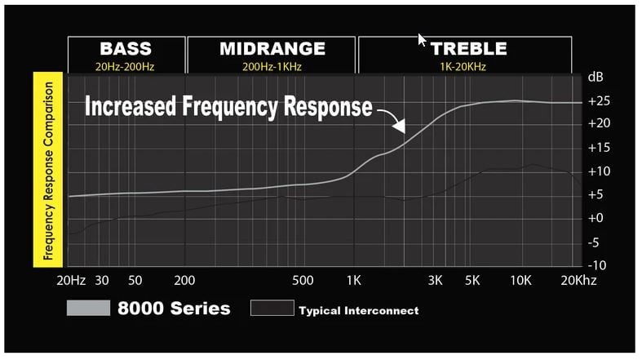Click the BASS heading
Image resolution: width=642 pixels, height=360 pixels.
tap(126, 48)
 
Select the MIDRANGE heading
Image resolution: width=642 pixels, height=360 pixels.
tap(272, 48)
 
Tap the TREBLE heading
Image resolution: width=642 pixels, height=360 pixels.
tap(469, 49)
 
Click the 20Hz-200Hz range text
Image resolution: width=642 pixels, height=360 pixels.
tap(125, 66)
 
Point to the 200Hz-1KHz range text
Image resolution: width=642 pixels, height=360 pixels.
tap(272, 66)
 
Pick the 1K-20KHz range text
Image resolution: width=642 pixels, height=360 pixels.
tap(463, 66)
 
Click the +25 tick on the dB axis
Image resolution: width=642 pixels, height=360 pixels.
tap(599, 100)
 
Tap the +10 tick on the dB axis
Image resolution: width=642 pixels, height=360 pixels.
tap(599, 171)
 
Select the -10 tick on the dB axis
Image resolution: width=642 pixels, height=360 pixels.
tap(597, 265)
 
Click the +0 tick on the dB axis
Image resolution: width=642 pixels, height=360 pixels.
tap(596, 217)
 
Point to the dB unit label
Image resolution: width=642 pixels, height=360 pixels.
tap(596, 77)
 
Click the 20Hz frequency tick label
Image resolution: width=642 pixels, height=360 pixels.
tap(71, 280)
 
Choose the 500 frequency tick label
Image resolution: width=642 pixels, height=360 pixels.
tap(303, 280)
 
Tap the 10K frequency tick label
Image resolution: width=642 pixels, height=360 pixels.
tap(520, 280)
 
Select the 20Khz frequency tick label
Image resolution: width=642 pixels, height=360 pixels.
tap(578, 280)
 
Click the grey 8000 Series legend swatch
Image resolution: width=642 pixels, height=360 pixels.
tap(88, 308)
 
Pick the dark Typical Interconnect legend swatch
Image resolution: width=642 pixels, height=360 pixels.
tap(272, 308)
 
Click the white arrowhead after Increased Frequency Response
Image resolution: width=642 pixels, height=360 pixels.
tap(399, 126)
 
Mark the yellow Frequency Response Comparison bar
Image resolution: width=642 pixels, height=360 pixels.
tap(48, 170)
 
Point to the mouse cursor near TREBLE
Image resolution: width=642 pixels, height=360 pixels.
tap(421, 40)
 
